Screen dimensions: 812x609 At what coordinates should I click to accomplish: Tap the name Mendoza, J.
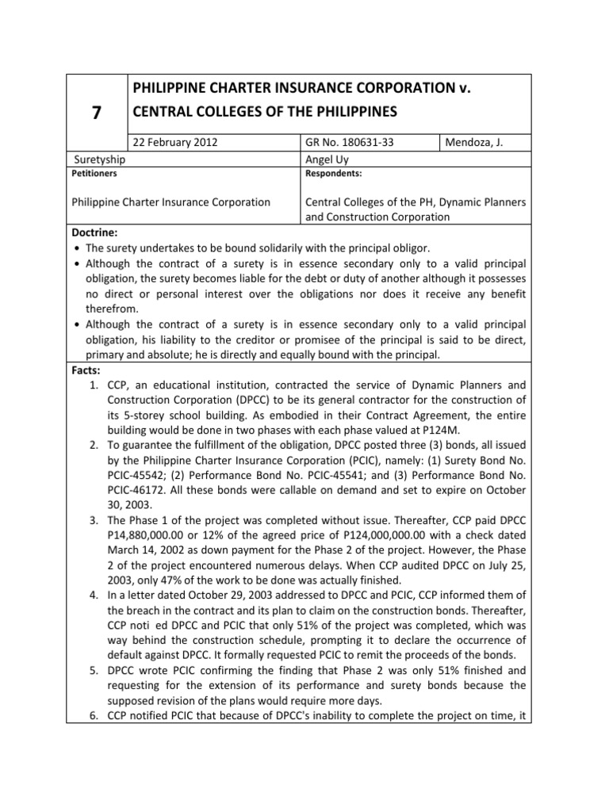(x=473, y=143)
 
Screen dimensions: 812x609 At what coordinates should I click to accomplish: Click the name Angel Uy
(x=327, y=159)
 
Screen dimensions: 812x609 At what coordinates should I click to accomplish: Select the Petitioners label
(x=93, y=171)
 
